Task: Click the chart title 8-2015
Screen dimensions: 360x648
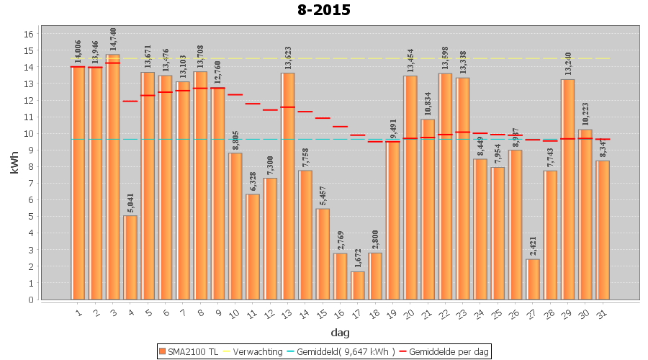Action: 323,10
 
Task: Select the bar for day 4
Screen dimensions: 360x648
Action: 130,257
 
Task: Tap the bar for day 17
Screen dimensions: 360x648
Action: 358,285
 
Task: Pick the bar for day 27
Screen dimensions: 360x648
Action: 533,279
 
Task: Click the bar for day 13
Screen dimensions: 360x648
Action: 288,186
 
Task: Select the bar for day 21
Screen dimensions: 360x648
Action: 428,209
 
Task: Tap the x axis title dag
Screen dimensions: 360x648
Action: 340,333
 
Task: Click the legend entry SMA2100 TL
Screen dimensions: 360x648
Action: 189,351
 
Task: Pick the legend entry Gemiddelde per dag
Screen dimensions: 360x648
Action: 444,351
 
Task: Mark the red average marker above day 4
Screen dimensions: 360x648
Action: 130,101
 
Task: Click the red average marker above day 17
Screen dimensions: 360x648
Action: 358,135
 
